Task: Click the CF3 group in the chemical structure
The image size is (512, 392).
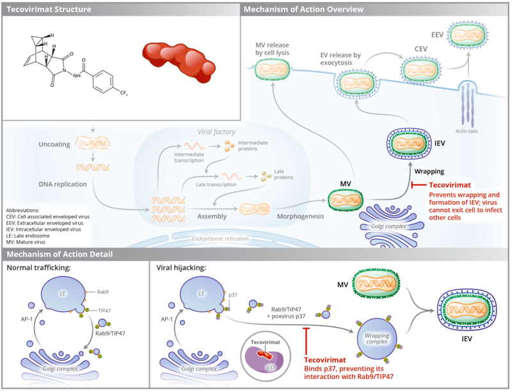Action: tap(124, 94)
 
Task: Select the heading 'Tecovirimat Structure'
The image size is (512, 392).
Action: tap(49, 9)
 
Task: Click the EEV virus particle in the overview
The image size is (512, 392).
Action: tap(467, 35)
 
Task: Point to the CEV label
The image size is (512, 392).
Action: tap(421, 49)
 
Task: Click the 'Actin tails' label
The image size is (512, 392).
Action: tap(467, 131)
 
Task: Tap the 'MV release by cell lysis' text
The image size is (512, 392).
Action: tap(272, 49)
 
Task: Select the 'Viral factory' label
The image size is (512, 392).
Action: tap(216, 132)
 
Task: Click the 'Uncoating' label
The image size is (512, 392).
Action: tap(54, 144)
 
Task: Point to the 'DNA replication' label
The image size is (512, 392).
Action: tap(63, 184)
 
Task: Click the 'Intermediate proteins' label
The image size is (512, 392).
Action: tap(253, 145)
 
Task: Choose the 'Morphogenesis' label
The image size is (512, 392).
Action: tap(300, 216)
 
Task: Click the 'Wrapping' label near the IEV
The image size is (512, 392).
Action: tap(429, 171)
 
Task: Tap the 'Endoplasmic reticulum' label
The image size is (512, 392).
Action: tap(220, 238)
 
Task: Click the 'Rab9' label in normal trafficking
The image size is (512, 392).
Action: tap(102, 291)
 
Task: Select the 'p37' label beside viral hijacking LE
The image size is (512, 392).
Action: tap(233, 295)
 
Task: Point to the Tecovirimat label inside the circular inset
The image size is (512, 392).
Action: tap(266, 342)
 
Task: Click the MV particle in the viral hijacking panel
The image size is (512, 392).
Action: tap(377, 283)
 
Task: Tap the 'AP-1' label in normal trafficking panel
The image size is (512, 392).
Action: tap(27, 319)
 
